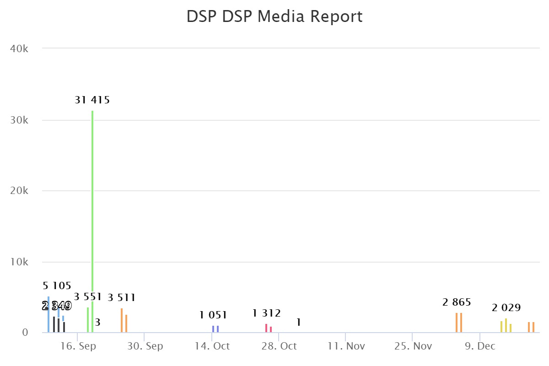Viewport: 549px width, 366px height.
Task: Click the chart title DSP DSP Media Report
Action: click(274, 16)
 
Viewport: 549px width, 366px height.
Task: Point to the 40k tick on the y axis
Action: click(19, 48)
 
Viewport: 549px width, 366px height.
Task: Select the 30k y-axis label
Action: click(19, 120)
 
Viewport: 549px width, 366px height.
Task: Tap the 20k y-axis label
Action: click(19, 191)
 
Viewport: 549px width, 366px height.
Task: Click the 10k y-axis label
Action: click(19, 262)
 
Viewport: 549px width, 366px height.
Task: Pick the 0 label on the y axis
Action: click(26, 333)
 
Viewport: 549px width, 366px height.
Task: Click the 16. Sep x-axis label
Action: click(78, 346)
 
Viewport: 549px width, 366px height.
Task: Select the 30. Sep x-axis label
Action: click(145, 346)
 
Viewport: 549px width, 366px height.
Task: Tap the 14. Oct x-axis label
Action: click(212, 346)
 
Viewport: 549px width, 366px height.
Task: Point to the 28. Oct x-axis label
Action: click(279, 346)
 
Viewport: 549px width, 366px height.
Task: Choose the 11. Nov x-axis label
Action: click(346, 346)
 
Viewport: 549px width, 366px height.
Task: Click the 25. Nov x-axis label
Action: click(413, 346)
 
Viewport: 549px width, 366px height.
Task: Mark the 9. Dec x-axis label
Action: click(480, 346)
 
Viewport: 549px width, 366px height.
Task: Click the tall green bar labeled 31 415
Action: click(92, 206)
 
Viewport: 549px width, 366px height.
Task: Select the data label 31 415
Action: click(92, 100)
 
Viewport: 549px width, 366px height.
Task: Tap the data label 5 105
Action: click(57, 286)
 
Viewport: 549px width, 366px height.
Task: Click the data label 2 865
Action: click(457, 302)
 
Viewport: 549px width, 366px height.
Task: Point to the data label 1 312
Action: click(266, 313)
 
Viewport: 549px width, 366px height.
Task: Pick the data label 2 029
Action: click(506, 307)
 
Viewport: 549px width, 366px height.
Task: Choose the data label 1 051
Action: click(213, 315)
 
